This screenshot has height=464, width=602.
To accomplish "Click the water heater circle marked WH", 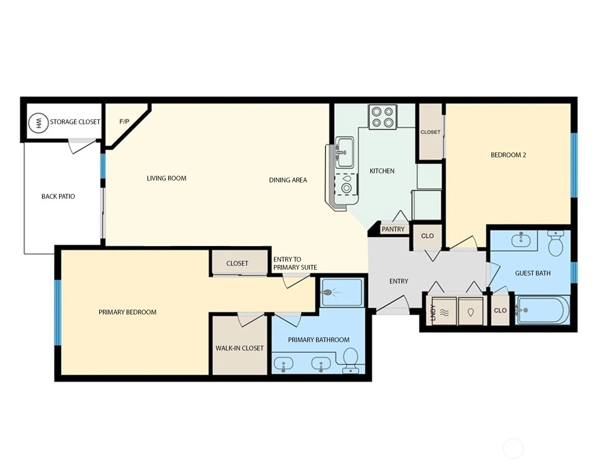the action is (x=38, y=123).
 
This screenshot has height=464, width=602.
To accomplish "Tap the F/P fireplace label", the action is (x=124, y=121).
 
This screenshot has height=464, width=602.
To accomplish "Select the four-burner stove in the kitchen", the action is (x=383, y=117).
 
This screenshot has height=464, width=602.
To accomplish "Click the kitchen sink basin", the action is (x=345, y=152).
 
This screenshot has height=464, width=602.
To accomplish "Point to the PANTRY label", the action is (x=393, y=229).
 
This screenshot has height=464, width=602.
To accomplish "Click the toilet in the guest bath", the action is (x=556, y=243).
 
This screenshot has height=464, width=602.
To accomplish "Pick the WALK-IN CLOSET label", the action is (x=240, y=348).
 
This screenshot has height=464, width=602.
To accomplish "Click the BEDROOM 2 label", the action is (x=508, y=155).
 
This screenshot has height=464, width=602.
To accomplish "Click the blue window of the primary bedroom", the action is (x=58, y=313).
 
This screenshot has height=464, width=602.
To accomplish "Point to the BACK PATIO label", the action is (x=58, y=196).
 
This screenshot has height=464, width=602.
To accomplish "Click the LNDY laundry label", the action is (x=433, y=313).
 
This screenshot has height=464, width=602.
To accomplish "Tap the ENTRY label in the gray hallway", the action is (x=399, y=281).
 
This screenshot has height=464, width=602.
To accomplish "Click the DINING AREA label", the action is (x=288, y=180).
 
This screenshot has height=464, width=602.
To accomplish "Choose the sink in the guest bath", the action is (x=521, y=240).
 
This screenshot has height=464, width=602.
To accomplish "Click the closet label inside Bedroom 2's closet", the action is (x=430, y=132).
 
